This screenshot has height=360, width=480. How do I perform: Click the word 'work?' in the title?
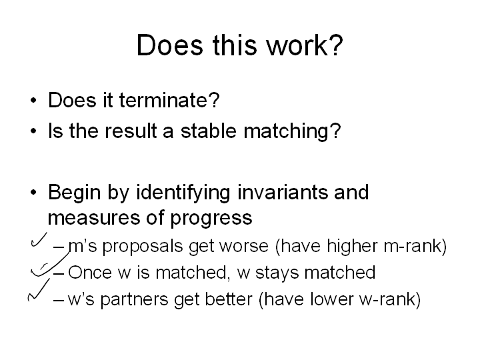(x=304, y=45)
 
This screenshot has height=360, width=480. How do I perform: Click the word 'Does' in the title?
(x=170, y=45)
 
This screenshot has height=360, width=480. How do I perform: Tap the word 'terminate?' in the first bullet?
(x=169, y=100)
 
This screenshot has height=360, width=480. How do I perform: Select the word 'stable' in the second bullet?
(x=209, y=131)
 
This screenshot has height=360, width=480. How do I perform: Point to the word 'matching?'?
(x=292, y=131)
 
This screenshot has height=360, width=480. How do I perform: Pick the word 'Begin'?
(x=75, y=193)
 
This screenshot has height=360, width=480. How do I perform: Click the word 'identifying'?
(x=183, y=193)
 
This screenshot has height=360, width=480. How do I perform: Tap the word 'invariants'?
(x=282, y=192)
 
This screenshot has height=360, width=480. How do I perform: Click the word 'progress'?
(x=211, y=219)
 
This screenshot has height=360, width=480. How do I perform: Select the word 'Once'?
(x=90, y=273)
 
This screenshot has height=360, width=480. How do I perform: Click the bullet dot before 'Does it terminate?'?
(x=33, y=101)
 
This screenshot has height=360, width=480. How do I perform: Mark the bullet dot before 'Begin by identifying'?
(x=33, y=193)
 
